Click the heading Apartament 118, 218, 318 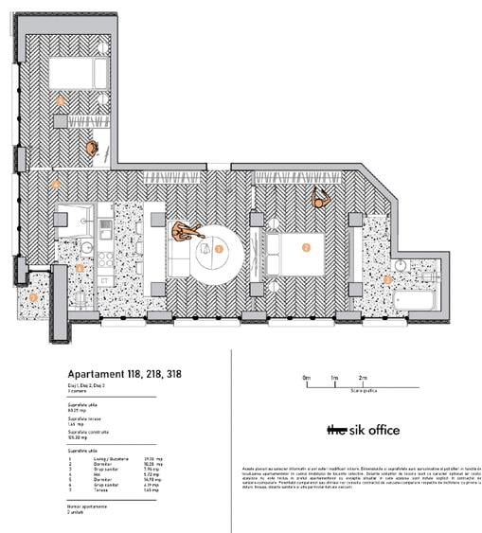pos(125,374)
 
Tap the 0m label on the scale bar pos(306,377)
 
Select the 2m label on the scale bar pos(363,377)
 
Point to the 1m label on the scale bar pos(334,377)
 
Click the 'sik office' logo pos(363,430)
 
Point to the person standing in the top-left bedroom pos(92,149)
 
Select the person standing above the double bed pos(321,199)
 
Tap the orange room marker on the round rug pos(219,249)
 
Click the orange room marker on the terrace pos(34,297)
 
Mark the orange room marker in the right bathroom pos(387,278)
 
